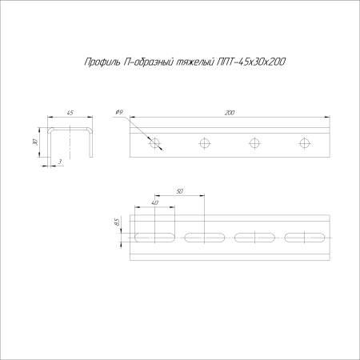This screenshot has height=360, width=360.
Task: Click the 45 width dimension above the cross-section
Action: [70, 114]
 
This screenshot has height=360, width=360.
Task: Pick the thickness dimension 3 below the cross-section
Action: [60, 162]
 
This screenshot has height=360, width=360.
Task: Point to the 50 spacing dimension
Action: [179, 191]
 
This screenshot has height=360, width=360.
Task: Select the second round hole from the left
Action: [206, 143]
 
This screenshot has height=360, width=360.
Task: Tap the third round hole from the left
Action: [255, 143]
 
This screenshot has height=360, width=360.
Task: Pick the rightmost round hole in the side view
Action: [305, 143]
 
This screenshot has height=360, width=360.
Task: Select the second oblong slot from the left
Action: [206, 237]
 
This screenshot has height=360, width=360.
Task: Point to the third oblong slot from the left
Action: [255, 237]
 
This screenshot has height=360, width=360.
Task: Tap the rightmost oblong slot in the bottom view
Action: [305, 237]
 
